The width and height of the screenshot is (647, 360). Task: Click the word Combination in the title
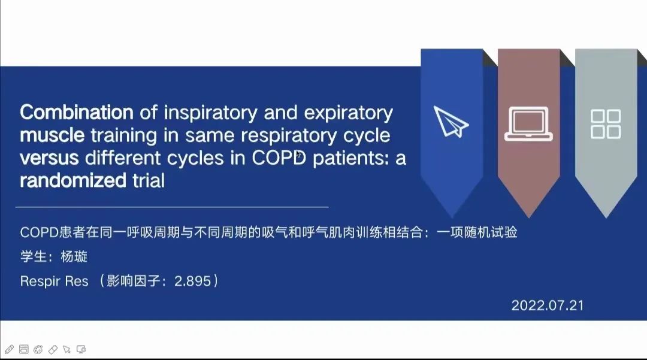click(77, 112)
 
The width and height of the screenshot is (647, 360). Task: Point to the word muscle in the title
click(52, 135)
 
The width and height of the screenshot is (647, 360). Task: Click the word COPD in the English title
click(279, 158)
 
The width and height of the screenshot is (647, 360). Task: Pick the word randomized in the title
click(73, 180)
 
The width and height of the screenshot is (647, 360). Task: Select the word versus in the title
click(49, 158)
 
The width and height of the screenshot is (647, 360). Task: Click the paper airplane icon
click(451, 122)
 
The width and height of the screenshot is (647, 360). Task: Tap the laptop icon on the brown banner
click(528, 124)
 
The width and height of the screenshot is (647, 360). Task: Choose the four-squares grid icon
click(606, 124)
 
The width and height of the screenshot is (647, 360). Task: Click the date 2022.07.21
click(548, 305)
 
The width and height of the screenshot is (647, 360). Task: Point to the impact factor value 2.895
click(193, 281)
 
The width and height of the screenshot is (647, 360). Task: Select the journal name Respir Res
click(54, 282)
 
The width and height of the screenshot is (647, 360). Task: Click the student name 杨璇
click(74, 256)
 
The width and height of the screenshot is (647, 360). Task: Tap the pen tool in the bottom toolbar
click(9, 350)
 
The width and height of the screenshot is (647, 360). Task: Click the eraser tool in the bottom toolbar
click(53, 350)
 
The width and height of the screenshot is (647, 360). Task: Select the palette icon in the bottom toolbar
click(38, 350)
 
